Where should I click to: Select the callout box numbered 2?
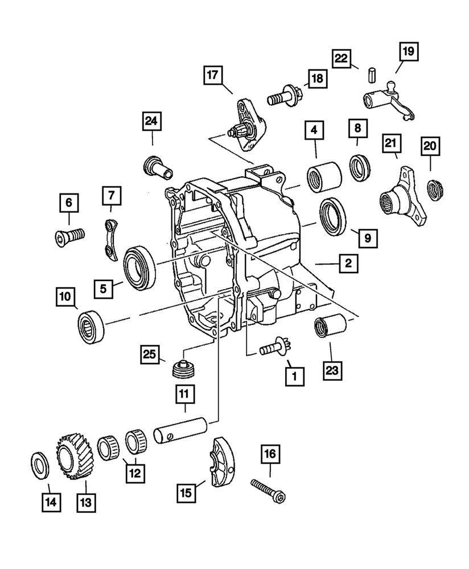[348, 263]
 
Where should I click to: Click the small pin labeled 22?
[355, 75]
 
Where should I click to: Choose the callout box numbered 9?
[367, 237]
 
